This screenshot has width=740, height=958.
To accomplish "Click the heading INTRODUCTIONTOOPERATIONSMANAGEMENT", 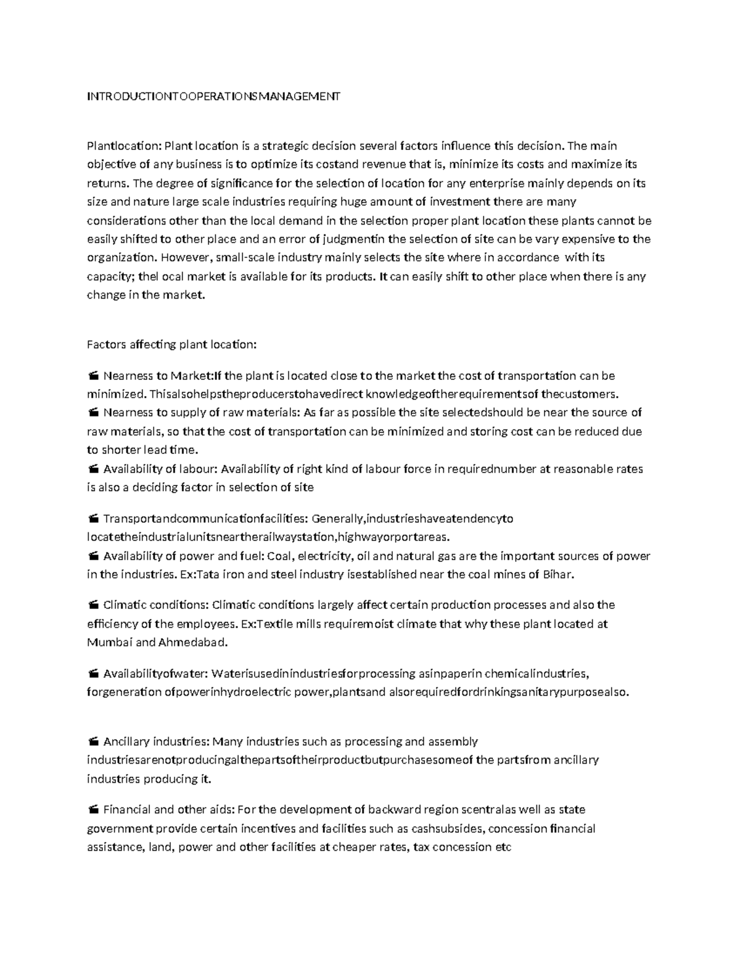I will [213, 96].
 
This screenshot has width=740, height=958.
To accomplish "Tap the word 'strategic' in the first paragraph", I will [285, 146].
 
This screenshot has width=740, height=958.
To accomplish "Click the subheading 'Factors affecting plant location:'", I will [171, 344].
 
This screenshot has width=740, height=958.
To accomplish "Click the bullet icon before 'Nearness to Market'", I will [93, 376].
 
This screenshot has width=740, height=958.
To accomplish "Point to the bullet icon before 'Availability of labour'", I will [93, 469].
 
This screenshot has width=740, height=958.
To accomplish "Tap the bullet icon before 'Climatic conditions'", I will [93, 605].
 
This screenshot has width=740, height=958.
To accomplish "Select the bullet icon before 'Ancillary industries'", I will [93, 741].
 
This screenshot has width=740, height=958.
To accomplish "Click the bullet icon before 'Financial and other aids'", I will [93, 810].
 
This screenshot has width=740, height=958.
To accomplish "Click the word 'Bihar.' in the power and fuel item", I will [557, 575].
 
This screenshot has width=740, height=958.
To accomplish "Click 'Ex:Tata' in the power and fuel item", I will [200, 575].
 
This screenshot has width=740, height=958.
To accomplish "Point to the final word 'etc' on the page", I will [503, 847].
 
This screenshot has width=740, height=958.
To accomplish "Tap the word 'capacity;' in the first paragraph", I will [110, 276].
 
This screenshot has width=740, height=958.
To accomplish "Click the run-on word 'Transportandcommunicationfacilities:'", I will [207, 519].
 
